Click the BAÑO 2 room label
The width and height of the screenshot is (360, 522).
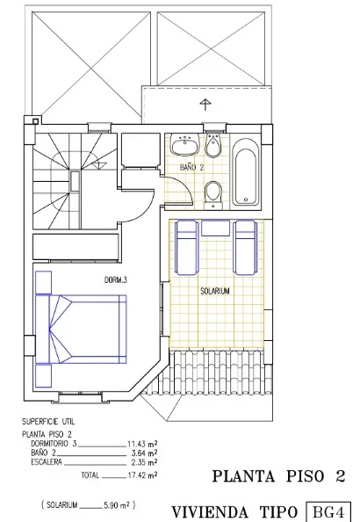[x=191, y=167]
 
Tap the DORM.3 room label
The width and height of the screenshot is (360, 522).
[x=115, y=280]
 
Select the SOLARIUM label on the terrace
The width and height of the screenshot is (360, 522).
[x=215, y=291]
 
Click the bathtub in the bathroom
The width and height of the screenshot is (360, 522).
[x=246, y=173]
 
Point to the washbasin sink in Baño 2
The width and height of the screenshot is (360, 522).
[x=184, y=144]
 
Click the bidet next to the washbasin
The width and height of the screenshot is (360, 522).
[x=213, y=146]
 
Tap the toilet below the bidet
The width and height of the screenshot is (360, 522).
[x=213, y=195]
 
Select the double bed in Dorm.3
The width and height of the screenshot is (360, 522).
[x=81, y=329]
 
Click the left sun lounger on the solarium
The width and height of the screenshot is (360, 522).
[x=186, y=248]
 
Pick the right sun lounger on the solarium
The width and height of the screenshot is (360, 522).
[x=246, y=248]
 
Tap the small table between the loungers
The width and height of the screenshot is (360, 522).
[x=216, y=228]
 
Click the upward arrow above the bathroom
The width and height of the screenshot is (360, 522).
[x=205, y=105]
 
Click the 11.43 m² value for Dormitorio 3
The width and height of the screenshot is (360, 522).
[x=142, y=444]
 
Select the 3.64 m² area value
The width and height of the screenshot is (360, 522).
[x=145, y=453]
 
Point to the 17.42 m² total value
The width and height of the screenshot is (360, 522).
[x=142, y=475]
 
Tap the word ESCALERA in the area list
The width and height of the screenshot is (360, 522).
[x=47, y=462]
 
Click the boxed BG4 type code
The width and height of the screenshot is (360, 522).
[x=328, y=511]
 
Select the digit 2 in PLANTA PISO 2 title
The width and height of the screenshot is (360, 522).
[x=340, y=476]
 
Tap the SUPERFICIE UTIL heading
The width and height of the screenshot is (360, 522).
[x=48, y=422]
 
